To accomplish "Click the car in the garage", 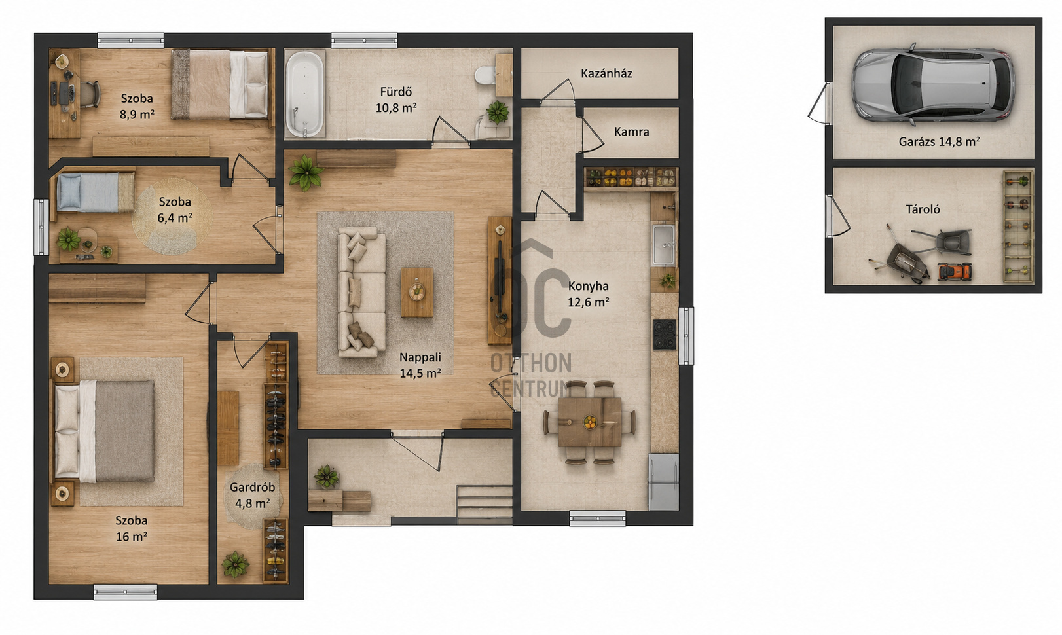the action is coord(933,84).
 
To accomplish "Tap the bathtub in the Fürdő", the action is coord(305,94).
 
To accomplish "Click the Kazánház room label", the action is coord(606,73).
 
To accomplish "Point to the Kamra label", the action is coord(632,132).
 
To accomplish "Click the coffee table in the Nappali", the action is coord(417,292).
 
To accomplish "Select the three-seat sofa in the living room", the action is coord(361,292).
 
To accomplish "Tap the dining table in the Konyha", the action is coord(589,422).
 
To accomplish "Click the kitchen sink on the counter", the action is coord(664,245).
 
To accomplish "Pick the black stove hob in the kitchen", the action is coord(665,335).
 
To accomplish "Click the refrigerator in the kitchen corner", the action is coord(663,482).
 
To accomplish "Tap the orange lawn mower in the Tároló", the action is coord(955,272).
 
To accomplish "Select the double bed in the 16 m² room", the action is coord(104,431).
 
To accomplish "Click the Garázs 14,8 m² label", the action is coord(939,141).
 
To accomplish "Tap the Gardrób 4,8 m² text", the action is coord(252,495).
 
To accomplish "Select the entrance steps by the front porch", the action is coord(484,505).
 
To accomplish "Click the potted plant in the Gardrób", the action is coord(235,564).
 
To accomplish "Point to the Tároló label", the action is coord(923,209).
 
